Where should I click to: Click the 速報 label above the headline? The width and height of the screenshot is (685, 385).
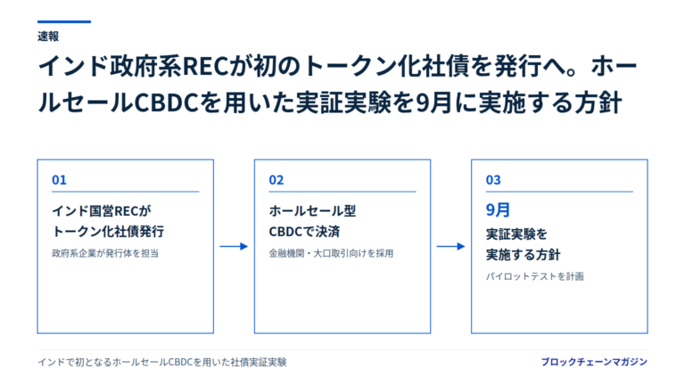[x=48, y=37]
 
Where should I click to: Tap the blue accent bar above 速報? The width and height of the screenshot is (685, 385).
[x=64, y=21]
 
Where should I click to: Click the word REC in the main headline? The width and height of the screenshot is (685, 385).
[x=205, y=66]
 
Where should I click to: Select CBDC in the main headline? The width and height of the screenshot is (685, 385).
[x=167, y=103]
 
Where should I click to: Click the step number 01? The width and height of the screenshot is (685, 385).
[x=59, y=180]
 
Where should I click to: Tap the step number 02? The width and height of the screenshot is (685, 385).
[x=276, y=180]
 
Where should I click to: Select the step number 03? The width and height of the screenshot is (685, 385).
[x=493, y=180]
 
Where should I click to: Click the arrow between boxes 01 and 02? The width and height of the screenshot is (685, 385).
[x=234, y=247]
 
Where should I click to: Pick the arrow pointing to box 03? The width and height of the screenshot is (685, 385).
[x=450, y=247]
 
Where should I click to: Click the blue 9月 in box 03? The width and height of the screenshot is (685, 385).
[x=498, y=210]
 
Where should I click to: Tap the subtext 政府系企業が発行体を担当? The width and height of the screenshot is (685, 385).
[x=105, y=253]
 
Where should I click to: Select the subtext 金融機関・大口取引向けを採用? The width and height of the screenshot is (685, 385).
[x=331, y=253]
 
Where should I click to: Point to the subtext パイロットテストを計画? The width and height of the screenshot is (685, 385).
[x=535, y=276]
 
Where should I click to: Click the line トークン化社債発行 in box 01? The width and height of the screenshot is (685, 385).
[x=108, y=232]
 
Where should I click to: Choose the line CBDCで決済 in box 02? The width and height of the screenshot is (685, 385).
[x=304, y=232]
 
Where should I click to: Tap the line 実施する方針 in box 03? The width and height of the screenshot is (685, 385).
[x=523, y=255]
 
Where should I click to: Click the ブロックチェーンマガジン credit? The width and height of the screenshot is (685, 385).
[x=594, y=362]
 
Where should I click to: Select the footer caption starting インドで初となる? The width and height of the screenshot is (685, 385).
[x=162, y=363]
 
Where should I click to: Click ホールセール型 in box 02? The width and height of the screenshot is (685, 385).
[x=312, y=211]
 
